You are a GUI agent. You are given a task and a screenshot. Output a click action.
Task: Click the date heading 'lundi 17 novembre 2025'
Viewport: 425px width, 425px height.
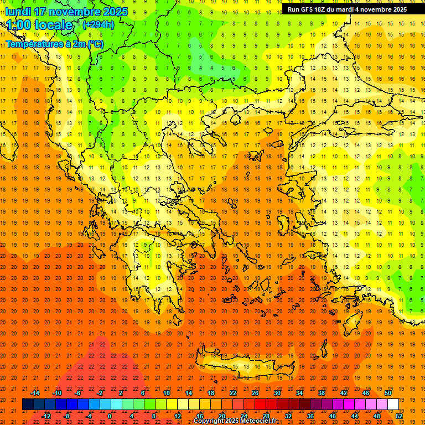pos(66,12)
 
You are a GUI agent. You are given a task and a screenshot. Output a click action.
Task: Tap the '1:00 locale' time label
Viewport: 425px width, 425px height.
pos(39,25)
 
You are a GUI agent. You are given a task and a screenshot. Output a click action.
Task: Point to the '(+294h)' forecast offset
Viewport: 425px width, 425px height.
pos(98,24)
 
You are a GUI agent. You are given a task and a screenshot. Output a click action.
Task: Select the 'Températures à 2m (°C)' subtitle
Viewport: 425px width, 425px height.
pos(54,43)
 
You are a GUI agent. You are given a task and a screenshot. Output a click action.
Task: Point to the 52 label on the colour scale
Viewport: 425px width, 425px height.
pos(399,416)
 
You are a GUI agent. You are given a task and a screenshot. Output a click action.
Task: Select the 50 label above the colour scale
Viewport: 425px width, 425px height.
pos(388,393)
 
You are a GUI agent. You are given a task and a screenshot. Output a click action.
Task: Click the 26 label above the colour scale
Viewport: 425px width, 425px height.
pos(255,393)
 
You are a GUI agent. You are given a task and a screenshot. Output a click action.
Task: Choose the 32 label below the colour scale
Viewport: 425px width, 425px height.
pos(288,416)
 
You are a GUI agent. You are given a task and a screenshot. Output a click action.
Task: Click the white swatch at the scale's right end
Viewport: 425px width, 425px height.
pos(393,404)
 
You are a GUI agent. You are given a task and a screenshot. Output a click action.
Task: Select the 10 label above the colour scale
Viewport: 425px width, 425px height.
pos(167,393)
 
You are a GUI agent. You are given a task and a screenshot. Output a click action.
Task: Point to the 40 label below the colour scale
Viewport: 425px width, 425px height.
pos(333,416)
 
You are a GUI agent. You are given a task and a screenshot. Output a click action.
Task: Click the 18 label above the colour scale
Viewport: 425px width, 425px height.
pos(211,393)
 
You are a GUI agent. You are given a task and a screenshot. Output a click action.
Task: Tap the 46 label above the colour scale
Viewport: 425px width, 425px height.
pos(366,393)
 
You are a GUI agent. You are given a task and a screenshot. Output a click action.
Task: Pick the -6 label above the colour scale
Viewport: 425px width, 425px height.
pos(78,393)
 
